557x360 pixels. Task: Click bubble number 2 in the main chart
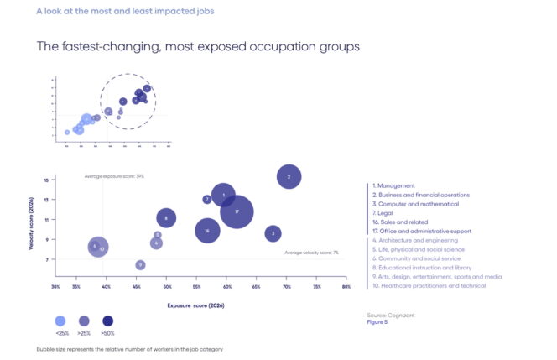[x=289, y=177]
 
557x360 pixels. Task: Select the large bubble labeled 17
[x=237, y=211]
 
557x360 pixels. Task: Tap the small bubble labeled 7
[x=207, y=200]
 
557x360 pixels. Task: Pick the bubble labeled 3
[x=272, y=233]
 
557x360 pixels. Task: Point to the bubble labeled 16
[x=207, y=230]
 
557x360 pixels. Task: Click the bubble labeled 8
[x=166, y=219]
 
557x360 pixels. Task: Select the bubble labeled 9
[x=140, y=265]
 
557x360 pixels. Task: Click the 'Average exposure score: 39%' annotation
[x=115, y=176]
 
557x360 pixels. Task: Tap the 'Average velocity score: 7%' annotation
[x=311, y=253]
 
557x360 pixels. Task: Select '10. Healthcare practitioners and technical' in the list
[x=430, y=285]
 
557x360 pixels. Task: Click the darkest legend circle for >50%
[x=107, y=321]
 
